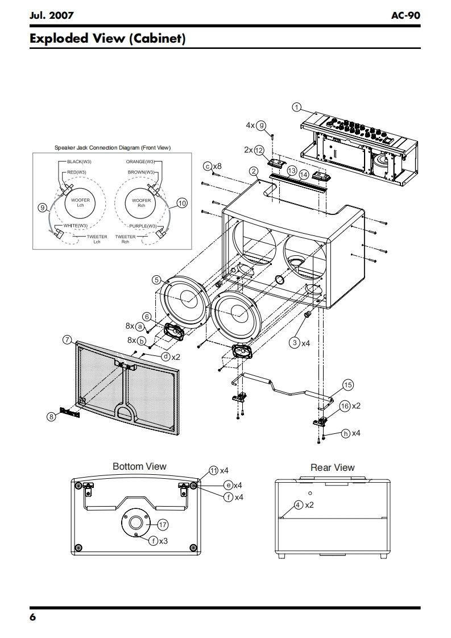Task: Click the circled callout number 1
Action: [297, 107]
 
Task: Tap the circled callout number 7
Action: [68, 339]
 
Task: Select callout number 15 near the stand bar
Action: [348, 385]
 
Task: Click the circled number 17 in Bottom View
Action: [163, 525]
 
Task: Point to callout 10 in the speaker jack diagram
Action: [182, 203]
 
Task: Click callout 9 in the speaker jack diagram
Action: [42, 208]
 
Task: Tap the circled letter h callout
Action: [346, 434]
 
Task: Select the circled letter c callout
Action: [208, 166]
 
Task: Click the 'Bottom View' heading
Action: [139, 467]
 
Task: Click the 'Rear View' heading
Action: [333, 467]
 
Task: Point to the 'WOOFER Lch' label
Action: [80, 202]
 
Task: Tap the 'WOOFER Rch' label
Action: [141, 202]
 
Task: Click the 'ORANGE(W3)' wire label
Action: [140, 161]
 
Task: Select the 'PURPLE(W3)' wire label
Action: [143, 226]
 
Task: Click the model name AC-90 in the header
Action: [406, 15]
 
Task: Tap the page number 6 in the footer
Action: [32, 618]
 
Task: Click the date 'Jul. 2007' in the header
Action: [52, 15]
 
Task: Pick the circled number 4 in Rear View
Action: [299, 505]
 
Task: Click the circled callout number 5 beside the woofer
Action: [156, 280]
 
